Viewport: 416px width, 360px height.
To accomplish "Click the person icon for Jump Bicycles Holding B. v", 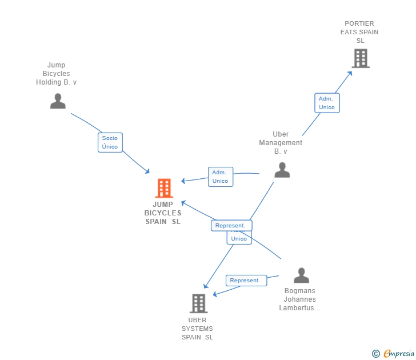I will coord(58,101).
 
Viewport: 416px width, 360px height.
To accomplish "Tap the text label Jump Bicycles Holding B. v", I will coord(57,74).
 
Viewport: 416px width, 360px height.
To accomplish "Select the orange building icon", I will coord(164,188).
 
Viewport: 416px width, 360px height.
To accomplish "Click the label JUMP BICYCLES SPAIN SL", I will coord(163,213).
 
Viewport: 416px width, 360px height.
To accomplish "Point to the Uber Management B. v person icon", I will coord(282,170).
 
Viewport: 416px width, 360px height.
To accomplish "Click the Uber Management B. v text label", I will coord(281,143).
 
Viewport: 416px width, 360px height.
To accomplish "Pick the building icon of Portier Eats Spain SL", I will coord(360,58).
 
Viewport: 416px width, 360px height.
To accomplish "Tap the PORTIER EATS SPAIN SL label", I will coord(359,32).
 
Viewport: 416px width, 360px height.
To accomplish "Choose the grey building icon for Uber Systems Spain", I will coord(198,303).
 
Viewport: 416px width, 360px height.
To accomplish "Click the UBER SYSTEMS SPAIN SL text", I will coord(197,329).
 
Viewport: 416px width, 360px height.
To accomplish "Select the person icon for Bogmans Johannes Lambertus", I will coord(301,275).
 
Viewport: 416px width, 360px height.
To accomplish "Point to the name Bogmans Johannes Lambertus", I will coord(300,299).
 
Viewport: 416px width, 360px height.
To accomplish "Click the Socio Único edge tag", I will coord(110,142).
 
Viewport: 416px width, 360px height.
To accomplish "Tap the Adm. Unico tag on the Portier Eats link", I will coord(327,103).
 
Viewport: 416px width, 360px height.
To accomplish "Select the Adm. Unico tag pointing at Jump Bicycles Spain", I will coord(220,177).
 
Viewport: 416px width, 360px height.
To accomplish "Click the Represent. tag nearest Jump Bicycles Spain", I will coord(231,226).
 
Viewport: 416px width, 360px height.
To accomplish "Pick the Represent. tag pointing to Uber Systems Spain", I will coord(245,281).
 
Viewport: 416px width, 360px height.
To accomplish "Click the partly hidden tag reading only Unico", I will coord(239,238).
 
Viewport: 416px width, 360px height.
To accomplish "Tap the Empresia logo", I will coord(399,354).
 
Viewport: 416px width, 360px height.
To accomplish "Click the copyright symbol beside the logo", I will coord(375,354).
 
